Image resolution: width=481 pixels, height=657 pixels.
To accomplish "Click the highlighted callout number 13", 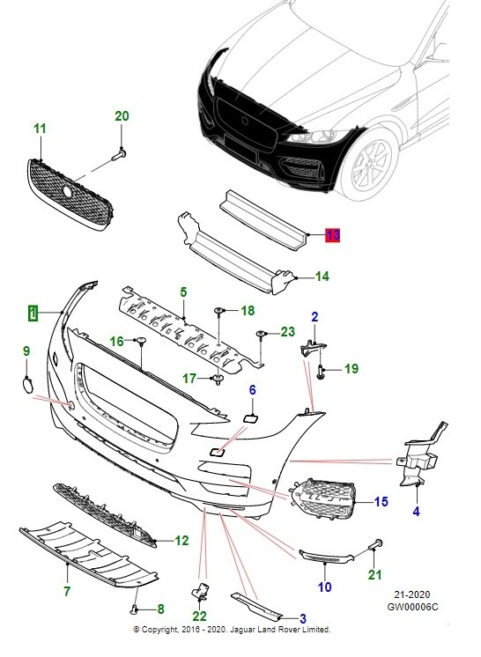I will pyautogui.click(x=331, y=234).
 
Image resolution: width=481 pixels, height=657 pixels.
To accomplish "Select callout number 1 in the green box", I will pyautogui.click(x=33, y=312).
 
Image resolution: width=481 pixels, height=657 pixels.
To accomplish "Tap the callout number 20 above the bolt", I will pyautogui.click(x=122, y=116).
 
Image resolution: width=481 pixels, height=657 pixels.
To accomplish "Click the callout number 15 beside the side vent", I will pyautogui.click(x=381, y=502).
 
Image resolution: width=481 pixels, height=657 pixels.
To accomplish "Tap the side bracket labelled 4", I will pyautogui.click(x=418, y=462).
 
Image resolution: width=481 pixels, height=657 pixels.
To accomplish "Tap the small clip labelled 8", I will pyautogui.click(x=133, y=608).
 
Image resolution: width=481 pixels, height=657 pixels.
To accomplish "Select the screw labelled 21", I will pyautogui.click(x=374, y=547).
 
